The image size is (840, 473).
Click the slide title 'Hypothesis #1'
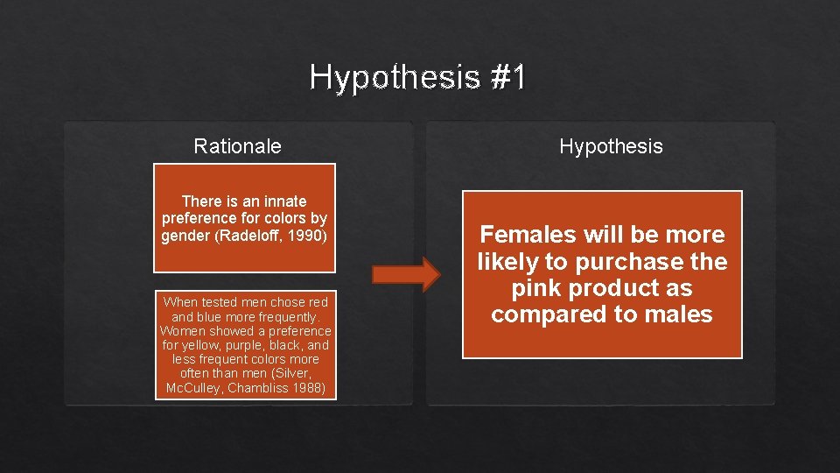coord(417,78)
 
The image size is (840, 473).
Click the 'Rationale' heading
coord(237,146)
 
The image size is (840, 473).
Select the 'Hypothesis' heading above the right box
coord(611,146)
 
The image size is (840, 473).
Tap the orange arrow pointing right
coord(406,274)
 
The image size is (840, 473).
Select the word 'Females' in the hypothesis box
coord(528,235)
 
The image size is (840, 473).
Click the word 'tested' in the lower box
coord(222,302)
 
